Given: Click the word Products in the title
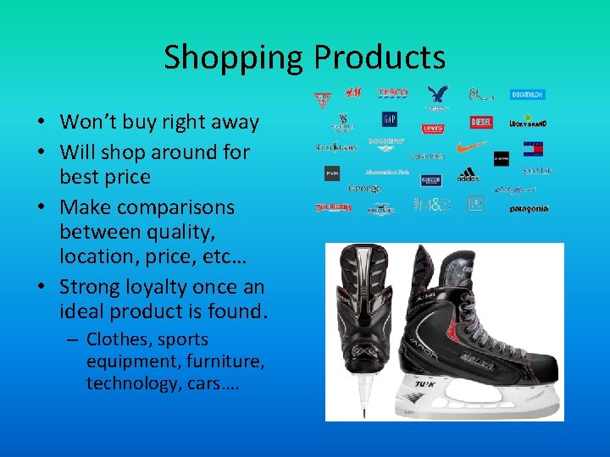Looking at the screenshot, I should point(380,58).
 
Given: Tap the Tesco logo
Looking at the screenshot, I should point(392,92).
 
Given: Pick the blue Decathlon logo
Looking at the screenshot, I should point(526,95).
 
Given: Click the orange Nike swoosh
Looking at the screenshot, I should point(471,146).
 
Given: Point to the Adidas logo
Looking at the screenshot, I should point(468,175).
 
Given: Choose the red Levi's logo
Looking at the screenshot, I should point(433,128).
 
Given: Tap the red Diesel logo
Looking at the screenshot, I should point(480,123).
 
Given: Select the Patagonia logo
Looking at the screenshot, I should point(529,208).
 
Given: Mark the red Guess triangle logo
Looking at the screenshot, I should point(322,99).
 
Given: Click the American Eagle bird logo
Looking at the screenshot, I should point(438,95).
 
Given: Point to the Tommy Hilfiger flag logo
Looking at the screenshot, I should point(533,149).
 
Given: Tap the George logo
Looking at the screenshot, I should point(365,188).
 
